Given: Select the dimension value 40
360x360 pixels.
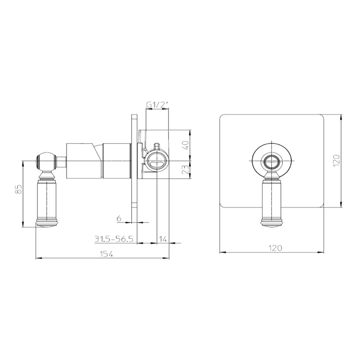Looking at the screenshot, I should (185, 145).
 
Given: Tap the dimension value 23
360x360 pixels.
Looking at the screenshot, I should (185, 170).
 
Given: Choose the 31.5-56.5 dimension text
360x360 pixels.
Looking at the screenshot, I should (114, 239).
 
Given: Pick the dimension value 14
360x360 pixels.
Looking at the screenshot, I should (163, 239).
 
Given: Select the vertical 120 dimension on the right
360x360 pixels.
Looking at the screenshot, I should (336, 161).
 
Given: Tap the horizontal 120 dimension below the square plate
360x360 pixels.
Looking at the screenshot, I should (271, 249).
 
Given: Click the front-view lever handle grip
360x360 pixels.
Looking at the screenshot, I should (271, 199).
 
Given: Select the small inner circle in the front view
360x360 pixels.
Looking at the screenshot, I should (271, 161).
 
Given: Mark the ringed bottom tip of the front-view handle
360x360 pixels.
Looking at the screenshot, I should (271, 223).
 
